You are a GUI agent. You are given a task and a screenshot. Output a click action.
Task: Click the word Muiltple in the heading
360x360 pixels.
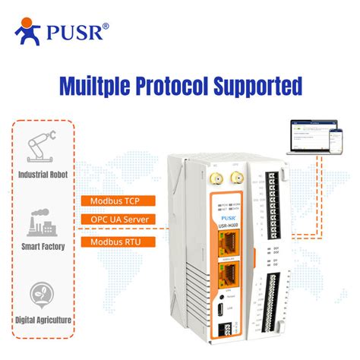(96, 85)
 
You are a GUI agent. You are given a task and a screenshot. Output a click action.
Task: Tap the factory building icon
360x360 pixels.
(41, 222)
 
